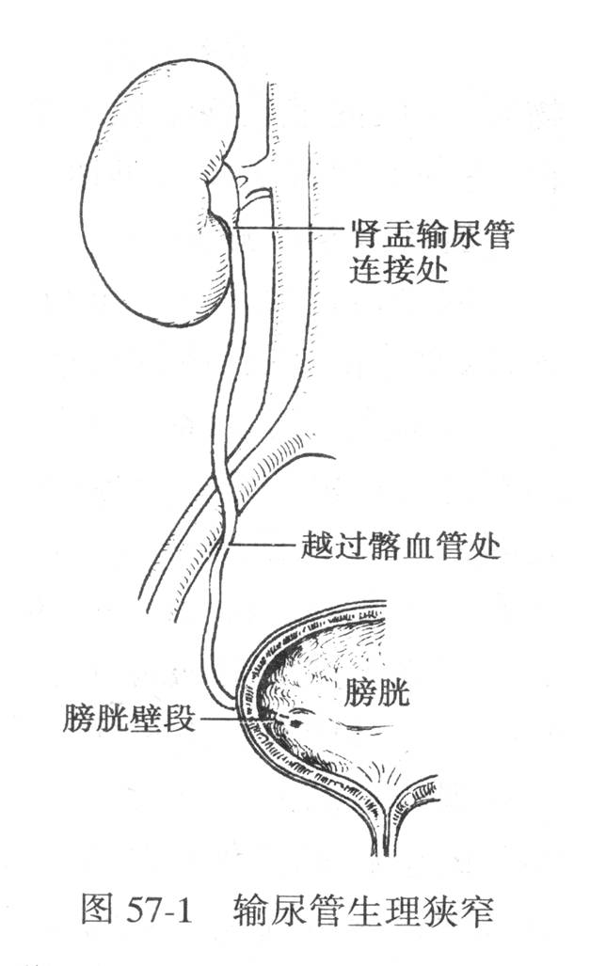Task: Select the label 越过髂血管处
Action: click(x=400, y=545)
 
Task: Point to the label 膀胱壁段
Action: click(x=128, y=718)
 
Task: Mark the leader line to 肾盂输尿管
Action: click(x=289, y=228)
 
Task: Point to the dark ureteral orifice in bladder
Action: click(x=295, y=721)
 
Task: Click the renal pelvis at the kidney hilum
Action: click(x=222, y=190)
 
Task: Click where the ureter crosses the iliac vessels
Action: click(x=225, y=493)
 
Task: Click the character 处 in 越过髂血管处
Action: click(x=484, y=545)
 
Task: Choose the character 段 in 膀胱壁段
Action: click(x=178, y=718)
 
